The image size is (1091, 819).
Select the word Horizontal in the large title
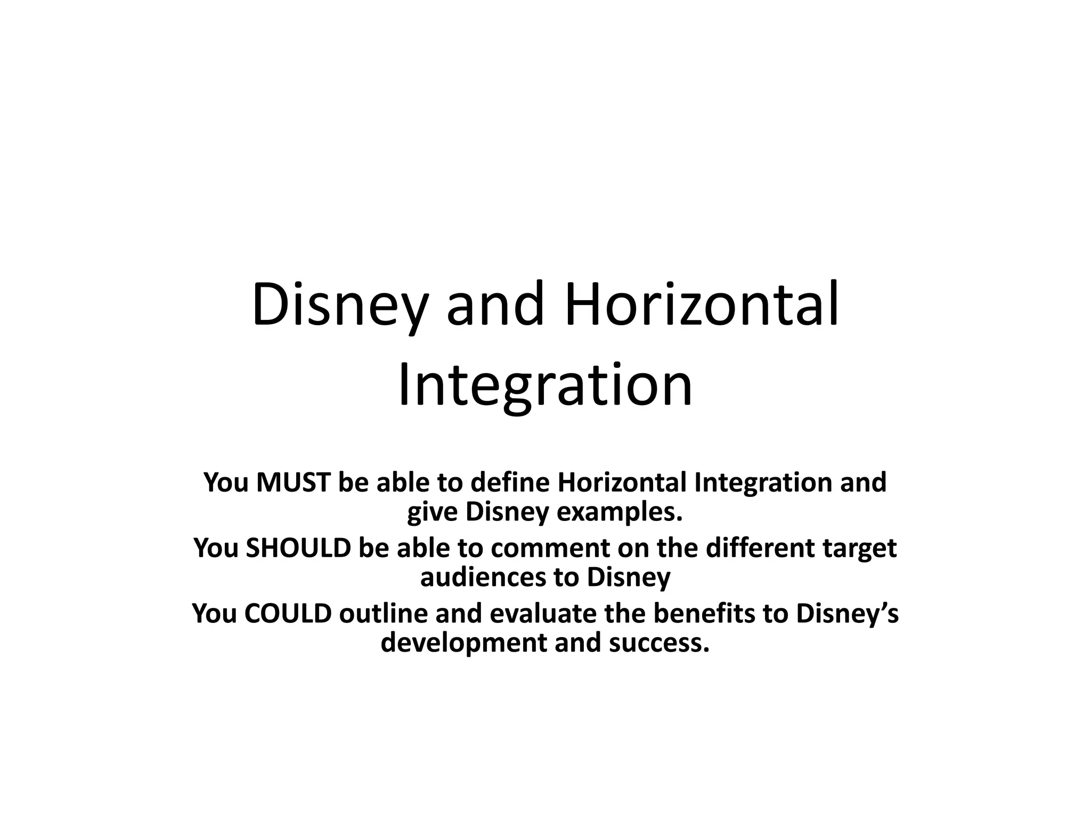click(702, 305)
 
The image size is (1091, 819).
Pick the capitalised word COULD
click(288, 613)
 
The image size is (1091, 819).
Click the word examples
click(619, 512)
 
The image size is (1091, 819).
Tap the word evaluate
click(543, 613)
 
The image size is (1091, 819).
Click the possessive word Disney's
click(847, 614)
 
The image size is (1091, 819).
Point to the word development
click(463, 643)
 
